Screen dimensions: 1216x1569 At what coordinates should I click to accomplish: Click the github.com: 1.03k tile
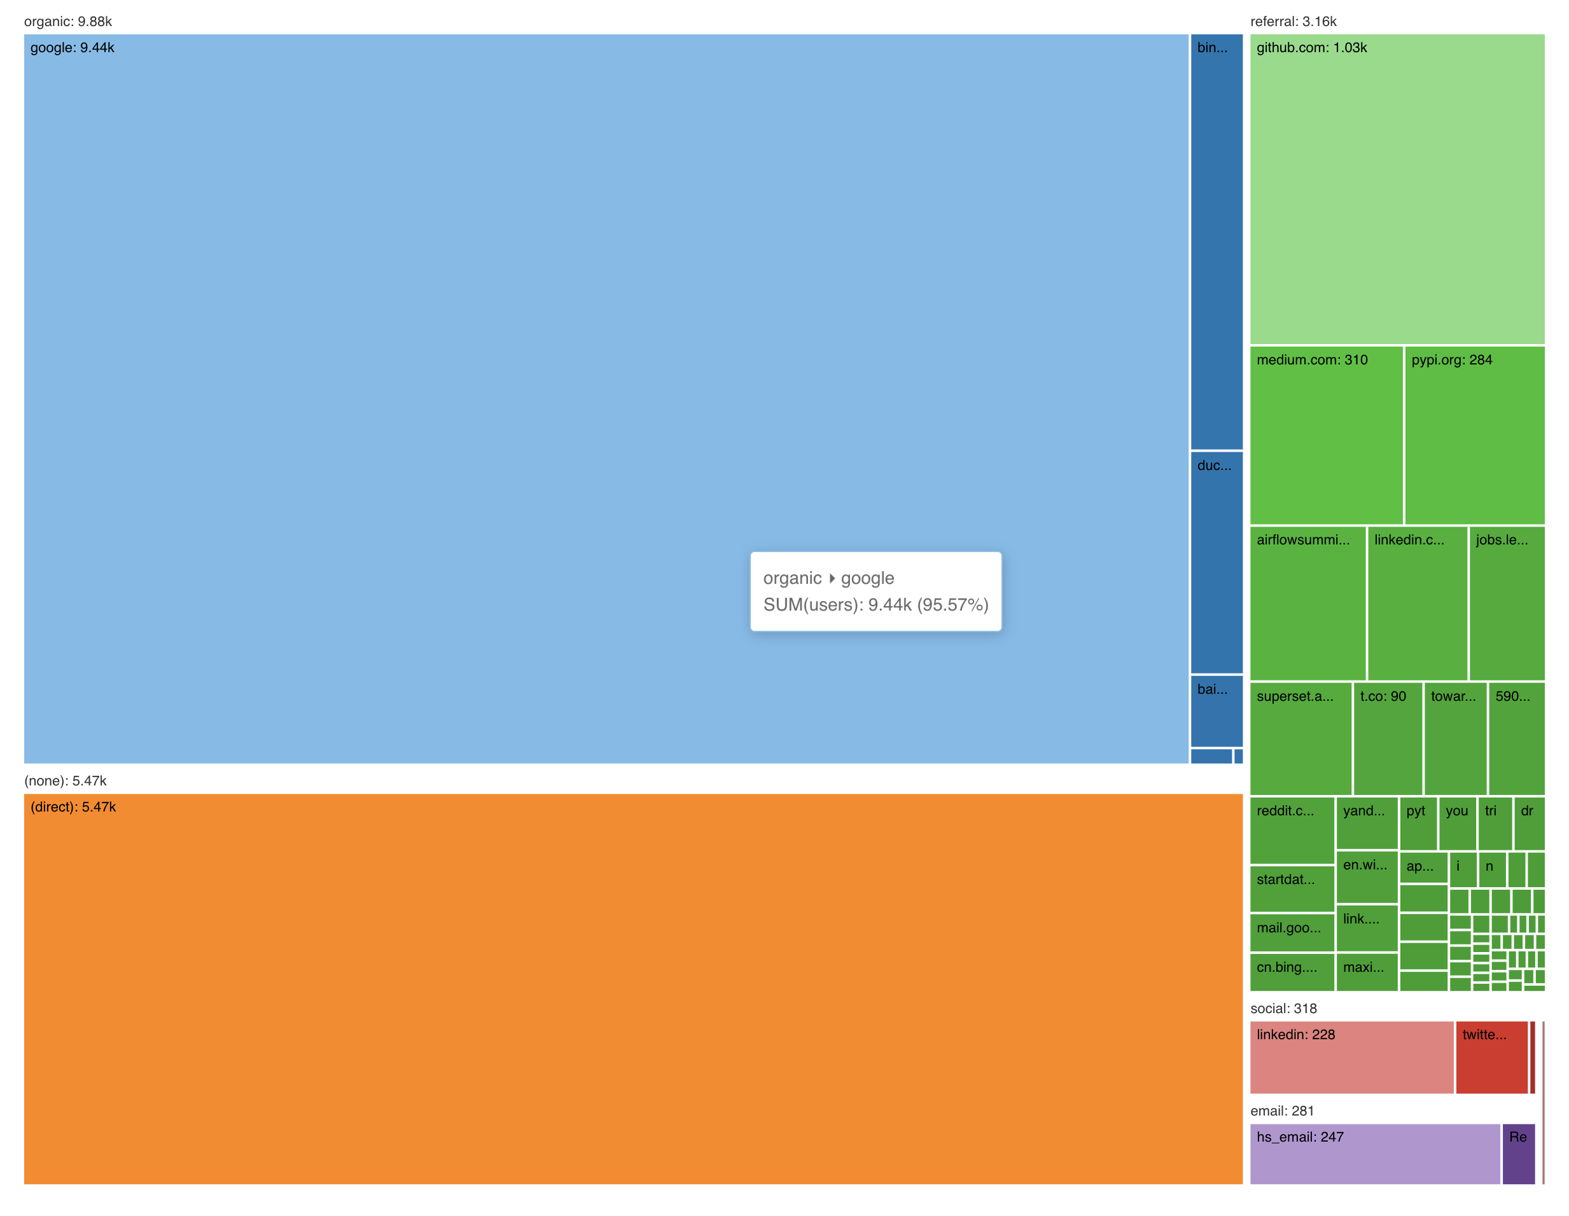1397,190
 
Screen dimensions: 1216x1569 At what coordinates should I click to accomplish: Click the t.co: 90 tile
1387,738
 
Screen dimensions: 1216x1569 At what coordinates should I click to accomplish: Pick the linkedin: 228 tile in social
1351,1057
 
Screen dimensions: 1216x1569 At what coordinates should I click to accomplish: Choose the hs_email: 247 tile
1374,1154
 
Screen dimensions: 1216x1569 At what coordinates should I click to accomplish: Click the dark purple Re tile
1518,1154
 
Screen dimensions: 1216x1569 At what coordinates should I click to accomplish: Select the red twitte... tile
1491,1057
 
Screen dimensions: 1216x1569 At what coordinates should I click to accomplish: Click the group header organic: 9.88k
68,22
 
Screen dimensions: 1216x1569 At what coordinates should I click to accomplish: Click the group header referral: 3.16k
1293,22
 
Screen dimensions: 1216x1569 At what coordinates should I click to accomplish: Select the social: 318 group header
1283,1009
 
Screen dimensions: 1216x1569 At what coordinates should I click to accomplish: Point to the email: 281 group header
1281,1110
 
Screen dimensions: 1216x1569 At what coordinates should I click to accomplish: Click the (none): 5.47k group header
66,781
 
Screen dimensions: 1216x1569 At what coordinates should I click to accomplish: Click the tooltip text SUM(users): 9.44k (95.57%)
875,605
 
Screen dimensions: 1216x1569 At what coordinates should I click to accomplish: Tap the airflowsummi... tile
1307,604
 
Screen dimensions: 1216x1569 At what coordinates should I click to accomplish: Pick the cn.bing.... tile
1292,972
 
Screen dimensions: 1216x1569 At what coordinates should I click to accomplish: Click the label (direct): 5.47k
73,807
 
